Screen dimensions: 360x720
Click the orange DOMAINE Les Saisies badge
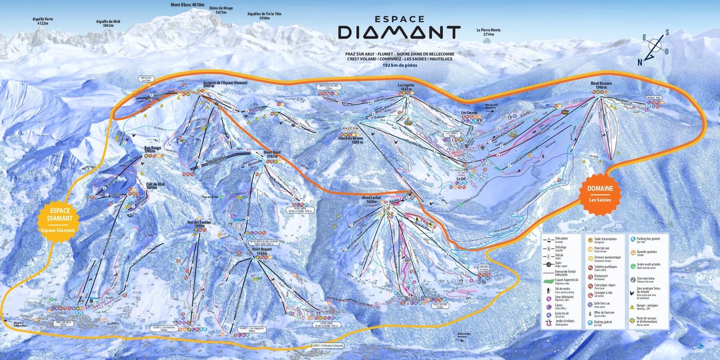(x=600, y=193)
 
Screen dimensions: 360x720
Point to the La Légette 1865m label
(x=406, y=87)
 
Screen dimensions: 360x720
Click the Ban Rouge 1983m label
(x=152, y=150)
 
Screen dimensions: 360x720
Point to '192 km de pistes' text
(x=400, y=65)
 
